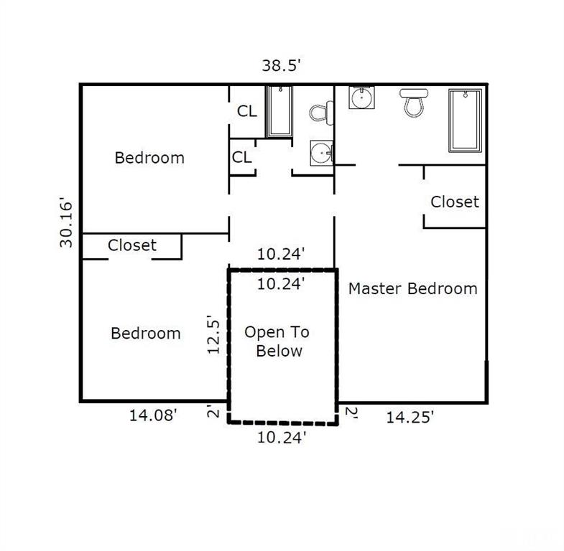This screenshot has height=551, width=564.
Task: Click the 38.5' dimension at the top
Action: click(x=281, y=66)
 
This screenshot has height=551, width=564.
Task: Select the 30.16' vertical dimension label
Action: click(x=67, y=223)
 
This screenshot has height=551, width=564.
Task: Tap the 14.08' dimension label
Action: click(x=153, y=415)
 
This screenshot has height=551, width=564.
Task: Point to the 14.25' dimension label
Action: click(x=410, y=417)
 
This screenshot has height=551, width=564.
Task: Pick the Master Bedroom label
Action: click(x=412, y=288)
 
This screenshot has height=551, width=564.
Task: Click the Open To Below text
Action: click(x=277, y=342)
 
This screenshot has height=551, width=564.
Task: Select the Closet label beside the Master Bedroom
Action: click(x=454, y=202)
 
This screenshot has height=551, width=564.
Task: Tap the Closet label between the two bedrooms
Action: click(x=132, y=245)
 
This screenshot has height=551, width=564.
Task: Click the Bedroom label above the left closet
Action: click(x=149, y=157)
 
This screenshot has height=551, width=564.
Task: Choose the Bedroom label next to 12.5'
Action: click(x=145, y=333)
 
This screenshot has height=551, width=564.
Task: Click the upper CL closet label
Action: click(x=247, y=112)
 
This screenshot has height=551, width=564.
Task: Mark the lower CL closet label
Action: click(x=242, y=157)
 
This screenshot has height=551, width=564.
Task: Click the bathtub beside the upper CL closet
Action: click(x=279, y=111)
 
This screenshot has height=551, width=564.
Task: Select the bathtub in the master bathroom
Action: click(x=466, y=120)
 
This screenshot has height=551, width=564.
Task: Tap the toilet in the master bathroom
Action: click(x=413, y=102)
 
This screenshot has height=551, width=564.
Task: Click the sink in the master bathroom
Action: click(x=361, y=97)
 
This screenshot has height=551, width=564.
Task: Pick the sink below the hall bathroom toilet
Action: click(x=321, y=153)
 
